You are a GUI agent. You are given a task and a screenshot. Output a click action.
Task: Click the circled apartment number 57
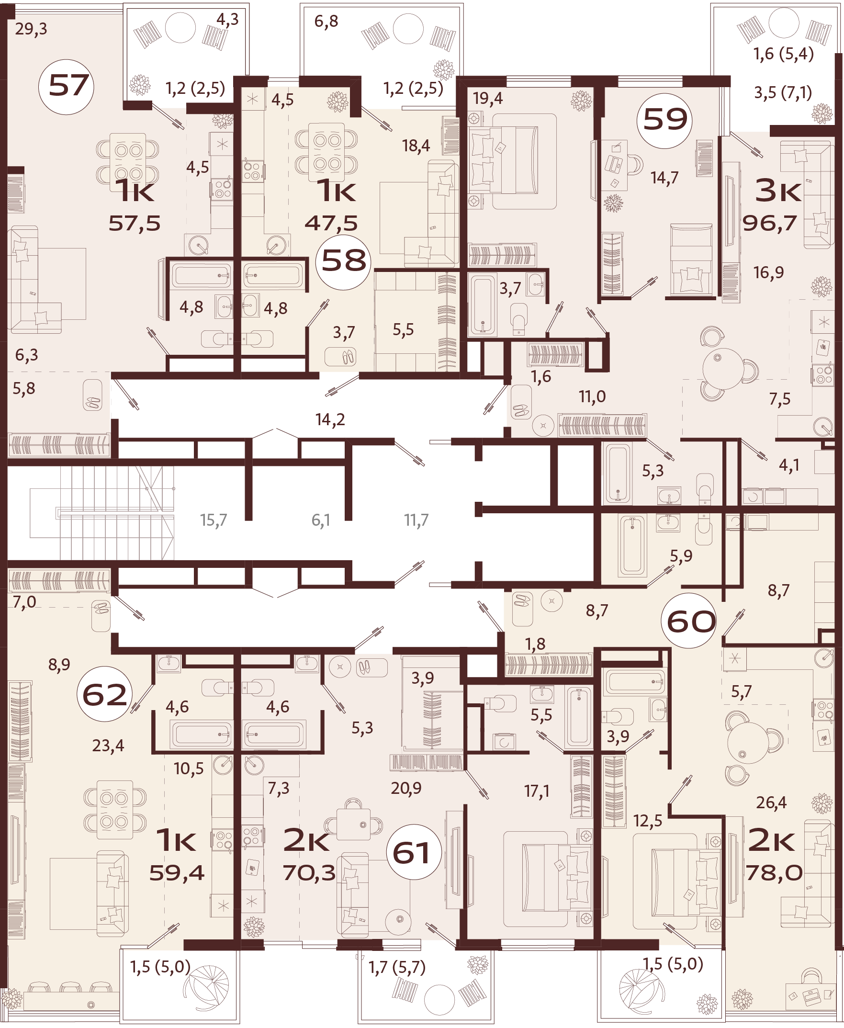click(66, 87)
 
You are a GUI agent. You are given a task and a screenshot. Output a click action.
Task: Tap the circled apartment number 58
click(343, 261)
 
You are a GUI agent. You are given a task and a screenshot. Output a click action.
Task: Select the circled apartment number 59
click(664, 120)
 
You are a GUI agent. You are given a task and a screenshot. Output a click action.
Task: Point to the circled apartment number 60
click(690, 621)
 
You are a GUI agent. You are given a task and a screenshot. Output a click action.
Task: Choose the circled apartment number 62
click(104, 694)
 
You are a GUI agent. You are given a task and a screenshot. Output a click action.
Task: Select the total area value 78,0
click(774, 873)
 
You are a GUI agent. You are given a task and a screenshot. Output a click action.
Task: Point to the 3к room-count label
click(777, 191)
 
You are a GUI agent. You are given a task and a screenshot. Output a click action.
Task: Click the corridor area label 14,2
click(330, 419)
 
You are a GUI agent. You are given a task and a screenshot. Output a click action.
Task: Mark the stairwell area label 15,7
click(214, 520)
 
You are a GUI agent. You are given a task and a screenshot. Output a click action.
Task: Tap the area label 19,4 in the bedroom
click(488, 99)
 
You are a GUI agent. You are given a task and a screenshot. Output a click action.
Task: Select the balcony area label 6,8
click(326, 22)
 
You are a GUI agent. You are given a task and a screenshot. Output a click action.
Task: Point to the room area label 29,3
click(31, 29)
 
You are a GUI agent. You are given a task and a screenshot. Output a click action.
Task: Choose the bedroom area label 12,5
click(648, 821)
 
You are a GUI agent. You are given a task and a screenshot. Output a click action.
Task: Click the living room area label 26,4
click(771, 802)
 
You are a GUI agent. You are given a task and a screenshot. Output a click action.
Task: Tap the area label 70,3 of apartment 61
click(309, 873)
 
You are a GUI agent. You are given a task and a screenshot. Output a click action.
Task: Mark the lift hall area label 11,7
click(416, 520)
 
